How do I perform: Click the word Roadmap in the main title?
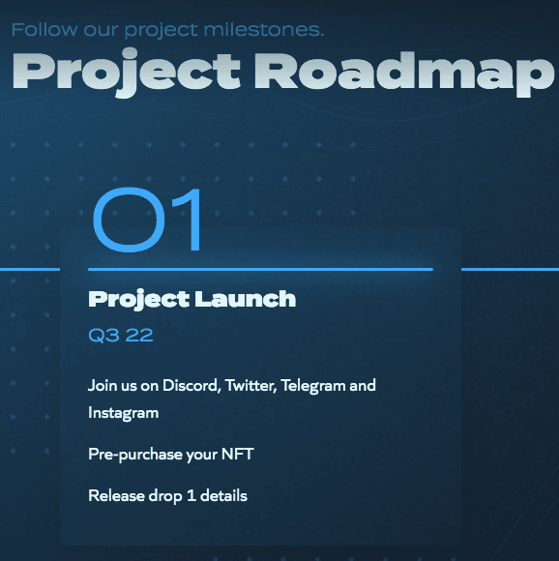coord(404,74)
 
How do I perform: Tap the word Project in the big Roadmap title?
coord(127,73)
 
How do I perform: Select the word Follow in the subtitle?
coord(44,29)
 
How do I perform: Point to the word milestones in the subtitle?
coord(264,29)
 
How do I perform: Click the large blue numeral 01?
coord(147,220)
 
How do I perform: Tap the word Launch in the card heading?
coord(246,299)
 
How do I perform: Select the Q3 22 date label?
coord(121,336)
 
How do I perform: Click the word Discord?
coord(191,385)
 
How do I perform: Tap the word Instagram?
coord(124,413)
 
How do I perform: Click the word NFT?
coord(238,454)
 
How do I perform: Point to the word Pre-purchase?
coord(135,455)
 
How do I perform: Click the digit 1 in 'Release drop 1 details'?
coord(191,496)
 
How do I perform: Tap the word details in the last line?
coord(223,496)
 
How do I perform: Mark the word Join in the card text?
coord(102,385)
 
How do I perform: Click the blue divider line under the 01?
coord(260,269)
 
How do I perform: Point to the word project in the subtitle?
coord(161,30)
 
